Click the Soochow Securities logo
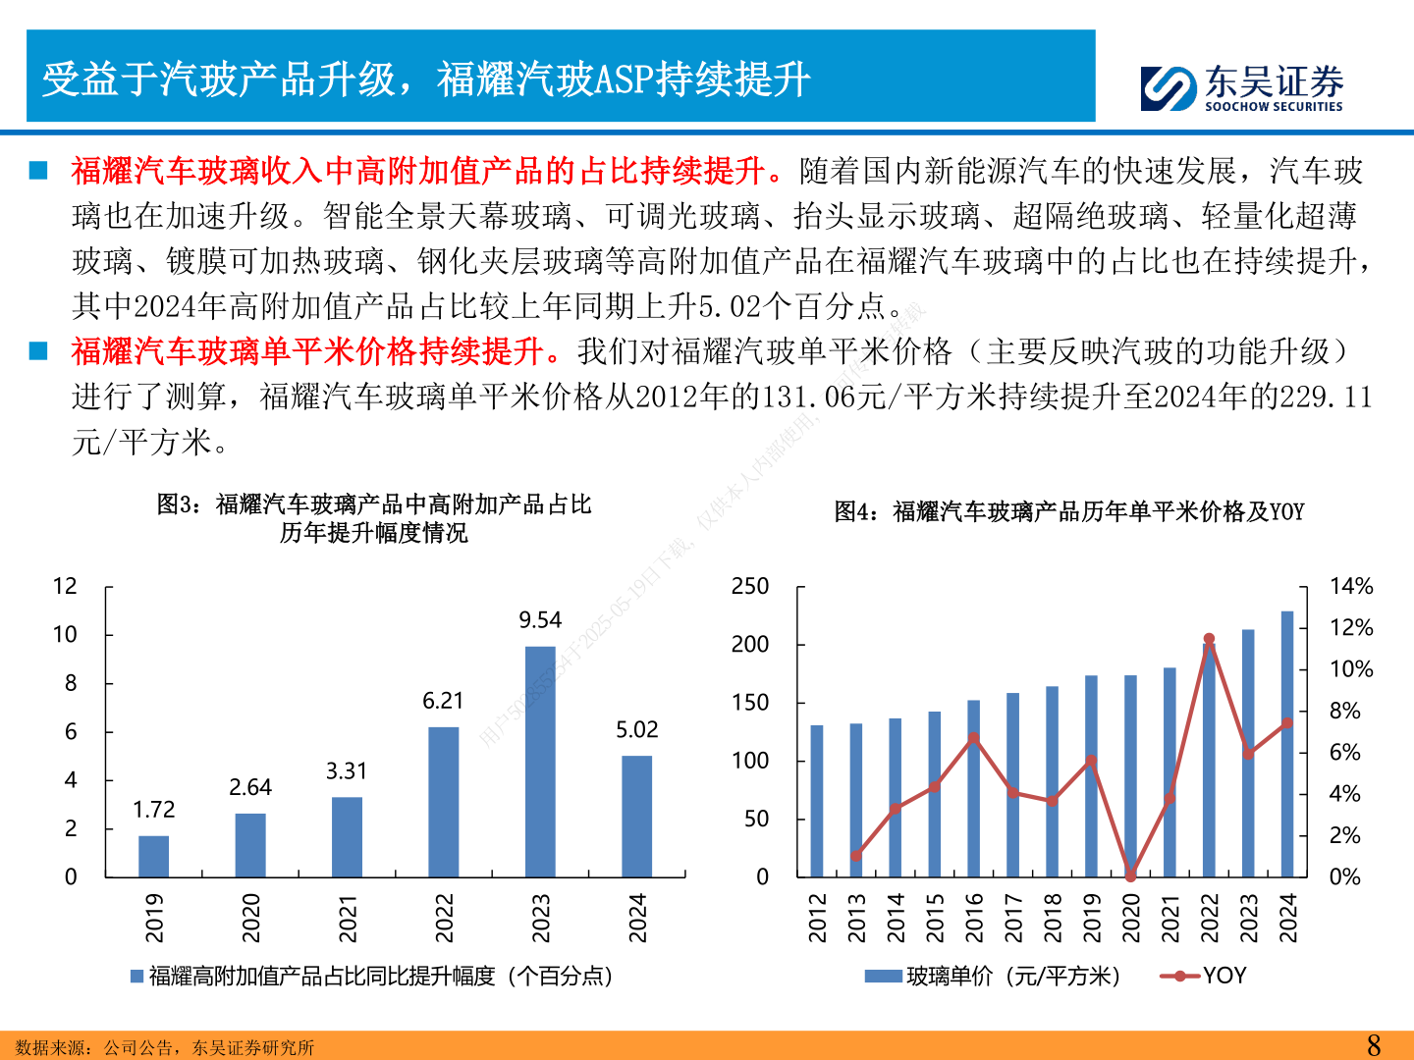coord(1241,87)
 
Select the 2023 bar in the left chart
coord(540,761)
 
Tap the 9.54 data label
coord(540,620)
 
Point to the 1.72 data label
coord(154,810)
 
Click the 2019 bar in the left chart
coord(153,856)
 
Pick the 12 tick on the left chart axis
coord(65,587)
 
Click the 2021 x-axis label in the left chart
coord(348,918)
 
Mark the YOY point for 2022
coord(1209,639)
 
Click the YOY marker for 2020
coord(1130,875)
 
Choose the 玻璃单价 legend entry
coord(993,976)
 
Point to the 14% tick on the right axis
coord(1351,587)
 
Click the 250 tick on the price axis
coord(750,587)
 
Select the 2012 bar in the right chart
coord(817,801)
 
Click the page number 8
coord(1374,1045)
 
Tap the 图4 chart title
coord(1068,511)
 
